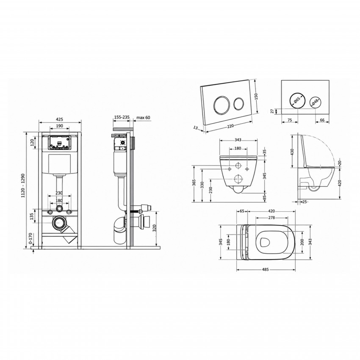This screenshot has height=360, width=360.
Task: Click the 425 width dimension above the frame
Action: (59, 119)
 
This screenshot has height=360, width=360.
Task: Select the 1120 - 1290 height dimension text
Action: (23, 185)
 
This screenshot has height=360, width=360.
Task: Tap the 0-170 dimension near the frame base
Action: (30, 239)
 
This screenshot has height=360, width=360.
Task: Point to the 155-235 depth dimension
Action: (122, 117)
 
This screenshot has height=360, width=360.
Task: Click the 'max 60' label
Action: (143, 118)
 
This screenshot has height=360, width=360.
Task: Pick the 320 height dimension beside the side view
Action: (155, 228)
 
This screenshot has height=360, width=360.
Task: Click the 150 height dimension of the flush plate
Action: (257, 96)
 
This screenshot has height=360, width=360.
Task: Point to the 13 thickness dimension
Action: (195, 128)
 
